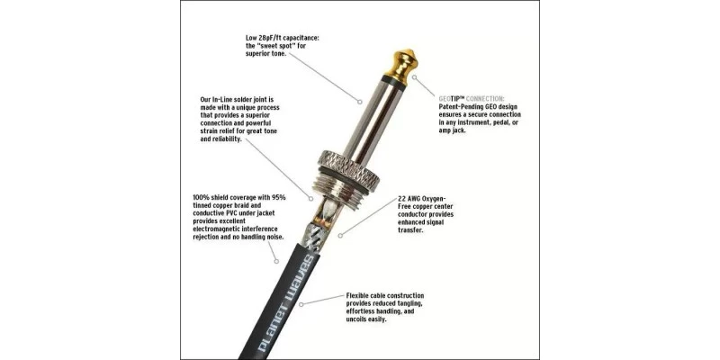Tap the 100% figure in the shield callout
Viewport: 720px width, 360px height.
tap(202, 198)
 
